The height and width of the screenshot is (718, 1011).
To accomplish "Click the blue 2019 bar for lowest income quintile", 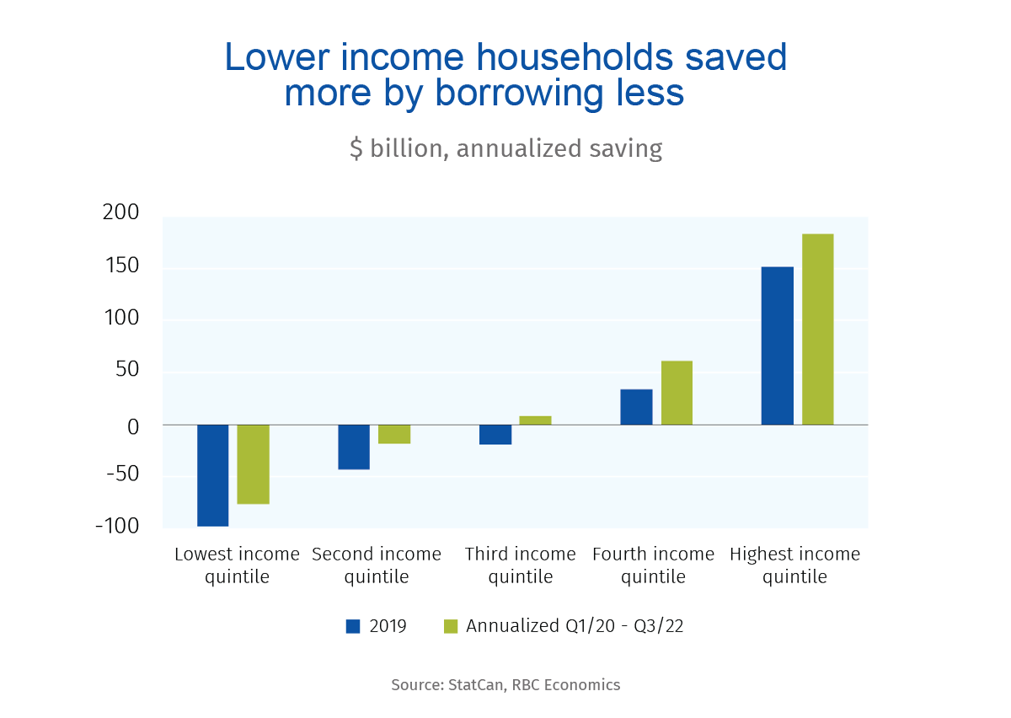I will (x=213, y=475).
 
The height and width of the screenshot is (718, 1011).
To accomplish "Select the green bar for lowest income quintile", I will (x=254, y=464).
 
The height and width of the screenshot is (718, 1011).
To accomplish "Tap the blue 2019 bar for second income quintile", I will (x=354, y=447).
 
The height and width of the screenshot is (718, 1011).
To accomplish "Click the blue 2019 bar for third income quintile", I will (x=495, y=434).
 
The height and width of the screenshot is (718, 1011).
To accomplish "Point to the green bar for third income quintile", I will (x=536, y=420).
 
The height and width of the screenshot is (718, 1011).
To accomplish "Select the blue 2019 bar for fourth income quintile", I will (x=636, y=407).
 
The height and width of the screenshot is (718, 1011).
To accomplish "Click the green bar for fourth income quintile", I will (x=677, y=393).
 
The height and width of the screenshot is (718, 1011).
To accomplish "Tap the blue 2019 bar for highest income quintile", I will (x=778, y=346).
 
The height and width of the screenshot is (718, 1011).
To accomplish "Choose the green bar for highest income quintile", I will (x=818, y=330).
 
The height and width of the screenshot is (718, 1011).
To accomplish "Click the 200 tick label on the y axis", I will (x=120, y=212).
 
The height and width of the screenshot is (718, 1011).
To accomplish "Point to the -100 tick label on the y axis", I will (x=116, y=526).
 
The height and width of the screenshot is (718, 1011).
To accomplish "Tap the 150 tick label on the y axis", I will (x=120, y=267).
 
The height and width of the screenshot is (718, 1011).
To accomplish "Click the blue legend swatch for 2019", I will (x=354, y=626).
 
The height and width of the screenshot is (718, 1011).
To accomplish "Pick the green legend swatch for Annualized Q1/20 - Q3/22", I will (x=451, y=626).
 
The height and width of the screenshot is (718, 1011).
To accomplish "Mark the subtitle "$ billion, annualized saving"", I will (x=505, y=148).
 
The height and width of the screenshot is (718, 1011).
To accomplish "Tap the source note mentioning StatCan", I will (x=505, y=684).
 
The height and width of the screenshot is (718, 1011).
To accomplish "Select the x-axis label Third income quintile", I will (x=521, y=565).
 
